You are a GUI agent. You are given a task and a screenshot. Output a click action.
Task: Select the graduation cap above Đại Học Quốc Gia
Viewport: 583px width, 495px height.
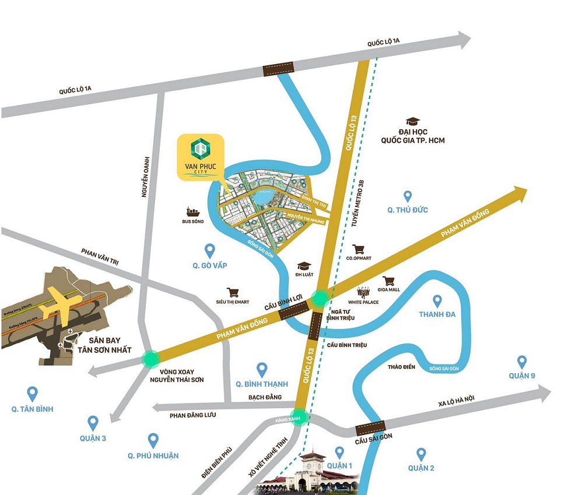tap(413, 121)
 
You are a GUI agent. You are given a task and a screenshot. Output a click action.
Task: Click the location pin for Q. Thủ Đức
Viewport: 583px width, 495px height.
tap(408, 196)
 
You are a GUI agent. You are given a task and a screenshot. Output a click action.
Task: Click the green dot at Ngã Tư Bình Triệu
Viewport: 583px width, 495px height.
tap(320, 298)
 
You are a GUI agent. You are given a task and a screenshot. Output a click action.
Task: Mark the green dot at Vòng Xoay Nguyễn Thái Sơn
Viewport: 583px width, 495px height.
tap(151, 358)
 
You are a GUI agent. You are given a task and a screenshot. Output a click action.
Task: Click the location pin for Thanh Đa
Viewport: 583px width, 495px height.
tap(437, 300)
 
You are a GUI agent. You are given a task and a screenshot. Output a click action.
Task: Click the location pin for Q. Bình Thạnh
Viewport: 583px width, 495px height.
tap(262, 369)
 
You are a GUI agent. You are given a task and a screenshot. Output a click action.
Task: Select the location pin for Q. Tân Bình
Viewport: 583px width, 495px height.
tap(32, 394)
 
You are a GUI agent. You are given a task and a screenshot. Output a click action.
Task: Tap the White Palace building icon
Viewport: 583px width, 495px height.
tap(364, 292)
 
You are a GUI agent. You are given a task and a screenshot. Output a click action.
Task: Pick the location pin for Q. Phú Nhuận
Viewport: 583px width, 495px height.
tap(153, 440)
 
